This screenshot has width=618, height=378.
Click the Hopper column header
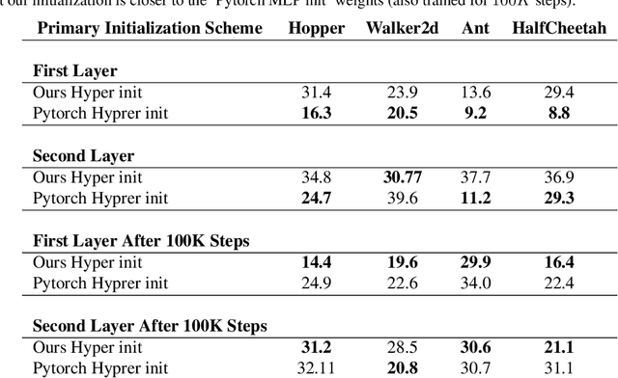pos(316,28)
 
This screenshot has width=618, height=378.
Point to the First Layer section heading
pos(75,71)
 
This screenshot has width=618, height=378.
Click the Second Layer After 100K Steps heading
pos(150,324)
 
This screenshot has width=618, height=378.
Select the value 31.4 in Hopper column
pos(316,92)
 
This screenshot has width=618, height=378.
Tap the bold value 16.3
pos(316,113)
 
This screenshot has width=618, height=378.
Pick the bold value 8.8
pos(559,113)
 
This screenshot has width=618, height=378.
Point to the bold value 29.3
pos(559,198)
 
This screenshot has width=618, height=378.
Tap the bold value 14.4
pos(316,261)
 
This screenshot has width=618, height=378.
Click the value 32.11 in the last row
pos(316,367)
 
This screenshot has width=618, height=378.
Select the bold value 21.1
pos(559,346)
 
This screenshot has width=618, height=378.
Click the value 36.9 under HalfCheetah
pos(559,176)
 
